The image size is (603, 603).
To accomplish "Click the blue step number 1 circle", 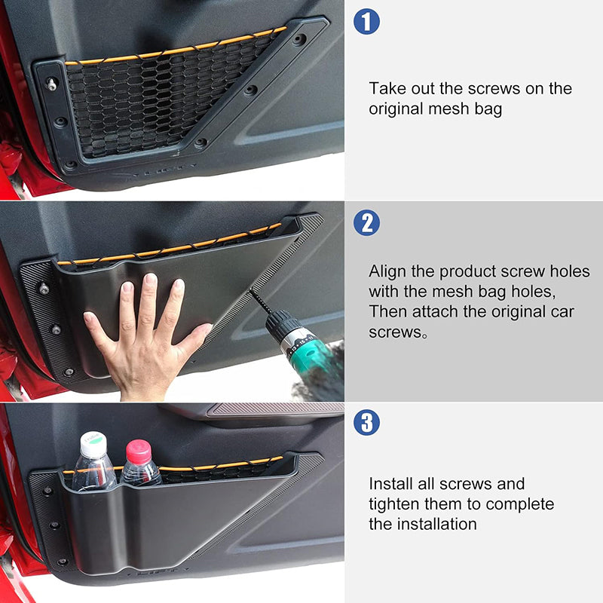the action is point(366,21).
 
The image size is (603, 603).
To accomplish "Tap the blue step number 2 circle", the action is point(366,222).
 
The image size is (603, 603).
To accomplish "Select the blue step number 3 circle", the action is point(366,422).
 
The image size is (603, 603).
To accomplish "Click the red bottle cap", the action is point(139,451).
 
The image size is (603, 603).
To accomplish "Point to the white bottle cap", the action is point(93,445).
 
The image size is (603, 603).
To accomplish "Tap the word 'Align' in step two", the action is point(387,271).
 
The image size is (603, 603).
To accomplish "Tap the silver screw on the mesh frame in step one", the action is point(51,84).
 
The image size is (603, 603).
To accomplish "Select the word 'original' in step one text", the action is point(396,109).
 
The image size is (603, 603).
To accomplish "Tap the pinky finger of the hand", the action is point(96,327).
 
